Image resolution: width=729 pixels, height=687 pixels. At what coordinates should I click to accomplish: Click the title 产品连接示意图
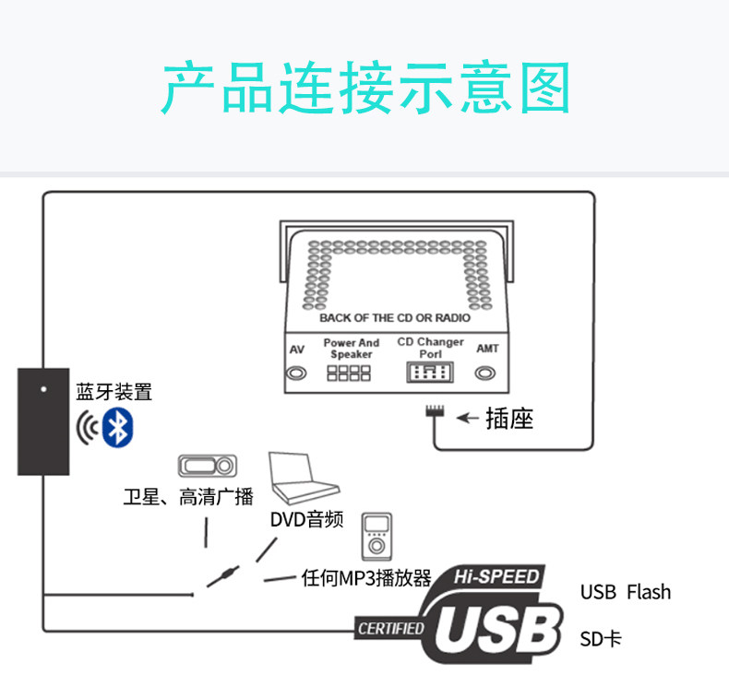tap(364, 89)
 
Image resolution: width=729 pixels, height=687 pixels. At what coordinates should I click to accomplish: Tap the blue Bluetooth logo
tap(118, 426)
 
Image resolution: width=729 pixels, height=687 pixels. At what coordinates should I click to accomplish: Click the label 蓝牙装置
tap(114, 392)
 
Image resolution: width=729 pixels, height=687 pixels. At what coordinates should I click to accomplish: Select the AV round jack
tap(296, 373)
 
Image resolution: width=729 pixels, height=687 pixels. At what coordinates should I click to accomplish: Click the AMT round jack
tap(486, 373)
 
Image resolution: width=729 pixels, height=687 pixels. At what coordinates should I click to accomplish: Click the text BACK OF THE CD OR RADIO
tap(394, 317)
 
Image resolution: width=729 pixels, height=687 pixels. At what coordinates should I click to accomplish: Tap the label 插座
tap(509, 419)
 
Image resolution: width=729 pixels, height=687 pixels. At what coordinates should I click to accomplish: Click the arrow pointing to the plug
tap(468, 419)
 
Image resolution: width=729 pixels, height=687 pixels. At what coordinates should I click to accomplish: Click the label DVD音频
tap(306, 520)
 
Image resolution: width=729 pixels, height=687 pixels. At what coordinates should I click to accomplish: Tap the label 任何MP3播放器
tap(366, 579)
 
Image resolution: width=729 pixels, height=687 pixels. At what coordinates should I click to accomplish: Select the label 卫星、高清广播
tap(187, 498)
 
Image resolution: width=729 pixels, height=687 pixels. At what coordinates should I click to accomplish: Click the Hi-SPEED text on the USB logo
tap(496, 577)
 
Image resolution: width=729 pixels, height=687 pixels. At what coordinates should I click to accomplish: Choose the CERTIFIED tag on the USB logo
tap(390, 629)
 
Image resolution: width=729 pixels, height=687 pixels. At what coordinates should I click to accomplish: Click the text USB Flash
tap(625, 592)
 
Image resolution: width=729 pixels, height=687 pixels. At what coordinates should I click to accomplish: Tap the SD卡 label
tap(601, 638)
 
